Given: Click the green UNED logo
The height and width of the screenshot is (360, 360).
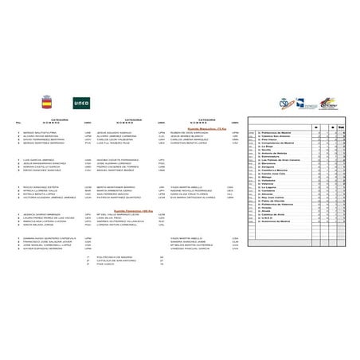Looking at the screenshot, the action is [81, 103].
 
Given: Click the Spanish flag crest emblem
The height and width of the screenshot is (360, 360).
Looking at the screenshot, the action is [45, 103].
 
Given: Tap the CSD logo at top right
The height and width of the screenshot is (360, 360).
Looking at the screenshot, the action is [288, 103].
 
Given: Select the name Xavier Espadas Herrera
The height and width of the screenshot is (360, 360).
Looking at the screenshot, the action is [39, 248].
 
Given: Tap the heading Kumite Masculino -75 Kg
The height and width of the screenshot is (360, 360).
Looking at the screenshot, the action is [199, 127].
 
